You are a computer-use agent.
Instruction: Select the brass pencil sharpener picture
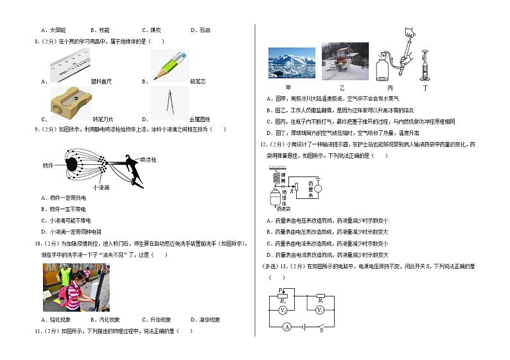70,101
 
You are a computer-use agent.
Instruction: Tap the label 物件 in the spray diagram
48,165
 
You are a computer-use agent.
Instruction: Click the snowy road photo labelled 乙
343,62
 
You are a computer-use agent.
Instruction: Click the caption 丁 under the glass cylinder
425,87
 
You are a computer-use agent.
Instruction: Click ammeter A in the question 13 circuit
287,327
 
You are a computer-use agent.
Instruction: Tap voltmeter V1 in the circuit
319,310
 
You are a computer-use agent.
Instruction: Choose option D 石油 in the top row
200,30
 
